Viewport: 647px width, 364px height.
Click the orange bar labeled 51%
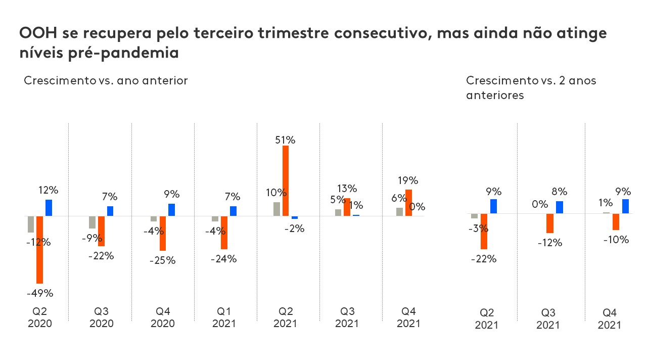(x=286, y=180)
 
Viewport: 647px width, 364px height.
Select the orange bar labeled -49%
(x=39, y=249)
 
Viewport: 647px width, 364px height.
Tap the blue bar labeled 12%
(x=49, y=208)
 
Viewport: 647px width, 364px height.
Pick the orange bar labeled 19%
(x=408, y=203)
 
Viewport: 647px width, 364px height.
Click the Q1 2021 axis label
(x=224, y=317)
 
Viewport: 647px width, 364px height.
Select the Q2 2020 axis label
(x=39, y=317)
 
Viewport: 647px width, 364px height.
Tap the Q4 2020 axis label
(x=163, y=317)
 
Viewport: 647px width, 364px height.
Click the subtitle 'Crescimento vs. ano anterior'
(x=106, y=81)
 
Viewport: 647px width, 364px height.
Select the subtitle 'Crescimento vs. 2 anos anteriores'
(x=531, y=87)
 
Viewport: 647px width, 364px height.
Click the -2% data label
(x=294, y=229)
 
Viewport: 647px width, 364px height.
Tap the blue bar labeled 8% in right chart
(x=560, y=207)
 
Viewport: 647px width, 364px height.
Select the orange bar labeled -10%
(x=616, y=222)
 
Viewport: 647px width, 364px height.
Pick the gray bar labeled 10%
(x=276, y=209)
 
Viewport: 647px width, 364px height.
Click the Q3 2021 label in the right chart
(x=548, y=319)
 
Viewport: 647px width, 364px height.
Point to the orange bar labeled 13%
(x=347, y=207)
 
